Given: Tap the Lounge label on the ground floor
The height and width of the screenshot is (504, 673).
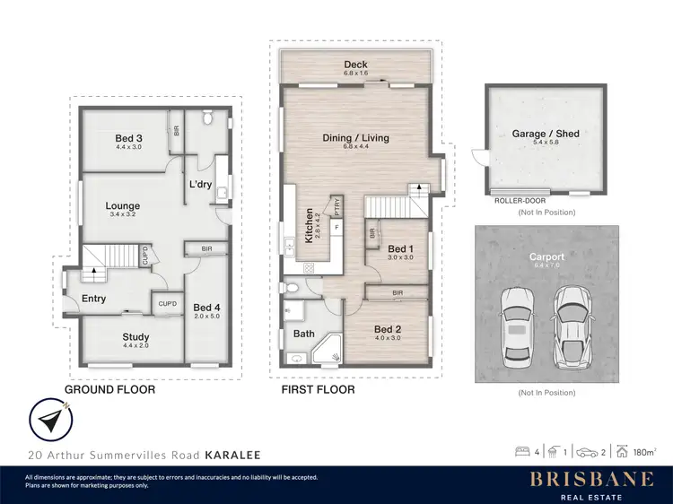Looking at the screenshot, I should coord(122,205).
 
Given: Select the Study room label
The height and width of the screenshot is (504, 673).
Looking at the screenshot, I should coord(135,337).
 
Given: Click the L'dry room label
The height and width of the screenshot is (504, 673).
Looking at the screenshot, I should coord(199,185).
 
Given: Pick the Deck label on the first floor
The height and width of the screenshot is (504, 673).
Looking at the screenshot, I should coord(355,65).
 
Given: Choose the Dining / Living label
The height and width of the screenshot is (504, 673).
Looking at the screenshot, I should coord(355,137).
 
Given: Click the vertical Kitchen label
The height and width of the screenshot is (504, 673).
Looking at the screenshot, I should coord(309,226).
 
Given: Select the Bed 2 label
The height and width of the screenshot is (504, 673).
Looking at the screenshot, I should coord(388,328).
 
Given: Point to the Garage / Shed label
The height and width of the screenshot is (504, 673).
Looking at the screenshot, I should coord(546,134).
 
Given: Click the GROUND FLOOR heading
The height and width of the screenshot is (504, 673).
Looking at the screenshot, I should coord(109,390).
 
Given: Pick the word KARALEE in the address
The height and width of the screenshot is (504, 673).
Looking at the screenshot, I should coord(232,456).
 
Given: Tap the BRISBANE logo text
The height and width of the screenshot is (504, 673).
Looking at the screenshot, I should coord(590,479).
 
